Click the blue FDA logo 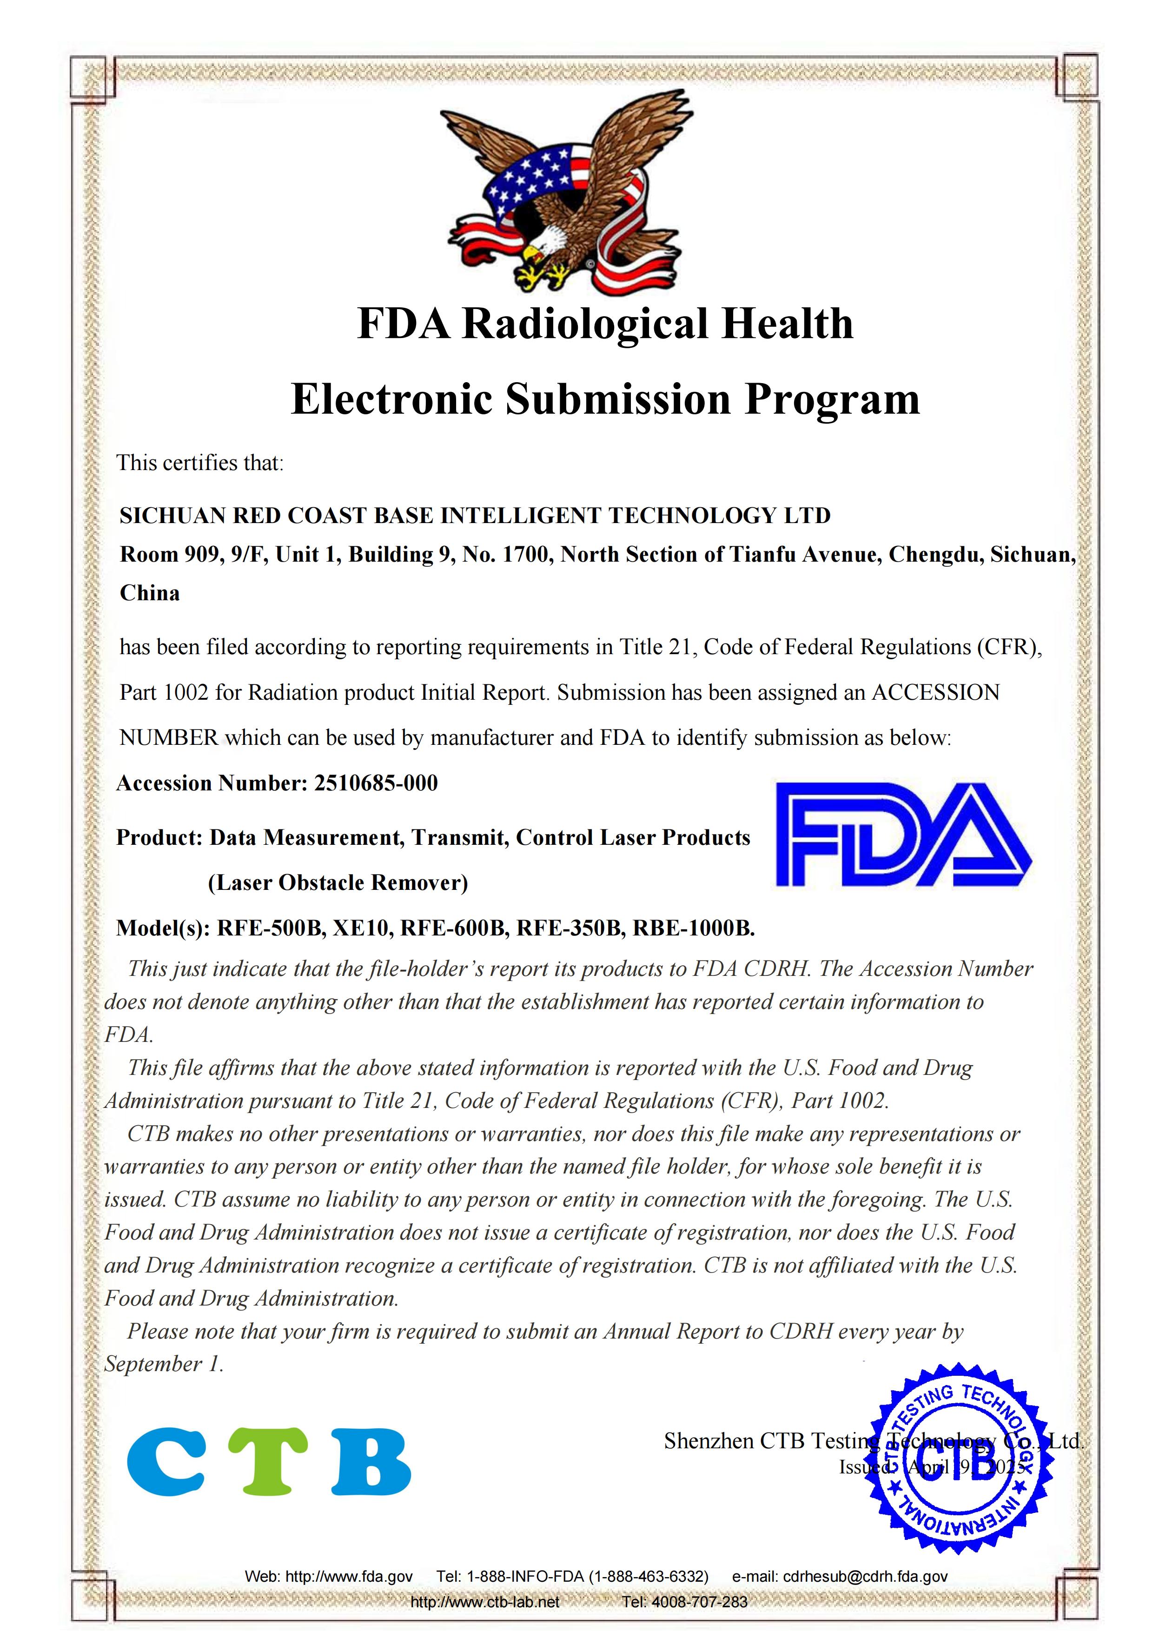pyautogui.click(x=902, y=835)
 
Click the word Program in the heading pyautogui.click(x=831, y=399)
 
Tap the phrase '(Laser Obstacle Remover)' pyautogui.click(x=338, y=883)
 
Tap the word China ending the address pyautogui.click(x=150, y=593)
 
